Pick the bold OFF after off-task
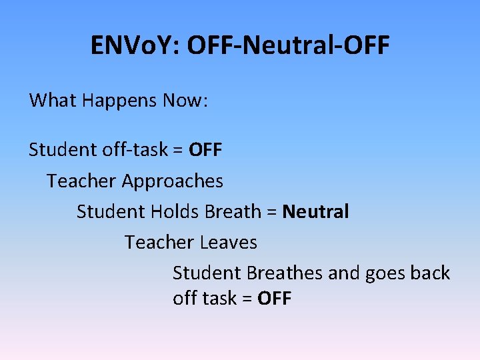[205, 149]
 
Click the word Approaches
[173, 181]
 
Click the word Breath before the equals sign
[233, 212]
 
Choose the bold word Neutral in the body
[315, 212]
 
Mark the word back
[429, 273]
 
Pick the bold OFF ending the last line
[275, 299]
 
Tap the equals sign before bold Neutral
[271, 213]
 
